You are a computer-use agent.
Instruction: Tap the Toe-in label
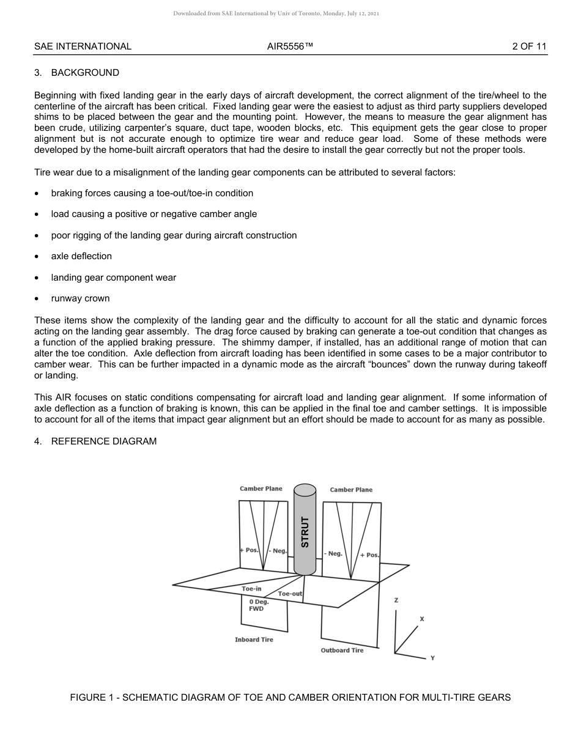[x=251, y=588]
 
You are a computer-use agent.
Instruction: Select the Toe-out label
[x=290, y=594]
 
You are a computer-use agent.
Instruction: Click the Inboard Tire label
[x=254, y=640]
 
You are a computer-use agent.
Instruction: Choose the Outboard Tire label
[x=342, y=650]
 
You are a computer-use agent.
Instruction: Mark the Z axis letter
[x=396, y=600]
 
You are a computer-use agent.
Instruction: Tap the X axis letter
[x=421, y=619]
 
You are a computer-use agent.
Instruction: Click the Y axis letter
[x=432, y=658]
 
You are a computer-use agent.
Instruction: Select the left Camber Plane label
[x=261, y=488]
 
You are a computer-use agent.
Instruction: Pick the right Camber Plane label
[x=351, y=490]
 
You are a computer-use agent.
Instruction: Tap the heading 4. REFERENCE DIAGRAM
[x=95, y=441]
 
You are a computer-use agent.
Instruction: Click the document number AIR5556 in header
[x=290, y=46]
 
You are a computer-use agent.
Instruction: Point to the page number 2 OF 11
[x=529, y=46]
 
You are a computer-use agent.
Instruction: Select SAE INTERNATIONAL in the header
[x=83, y=46]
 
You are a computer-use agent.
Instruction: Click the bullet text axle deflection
[x=81, y=256]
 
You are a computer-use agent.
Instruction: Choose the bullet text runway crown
[x=80, y=298]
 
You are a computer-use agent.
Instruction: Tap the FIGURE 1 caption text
[x=290, y=697]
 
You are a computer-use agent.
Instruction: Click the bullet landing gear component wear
[x=113, y=278]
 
